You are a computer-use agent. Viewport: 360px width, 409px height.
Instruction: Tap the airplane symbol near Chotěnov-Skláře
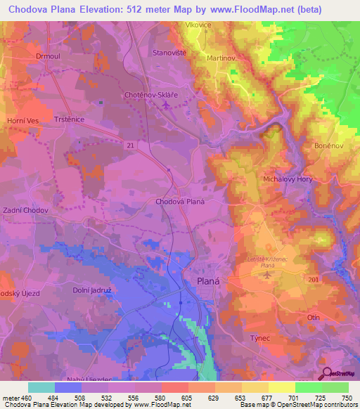[166, 105]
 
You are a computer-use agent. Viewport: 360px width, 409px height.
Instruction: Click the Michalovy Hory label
[288, 179]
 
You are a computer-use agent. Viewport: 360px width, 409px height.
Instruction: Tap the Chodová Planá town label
[179, 200]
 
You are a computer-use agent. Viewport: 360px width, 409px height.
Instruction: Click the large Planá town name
[204, 283]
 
